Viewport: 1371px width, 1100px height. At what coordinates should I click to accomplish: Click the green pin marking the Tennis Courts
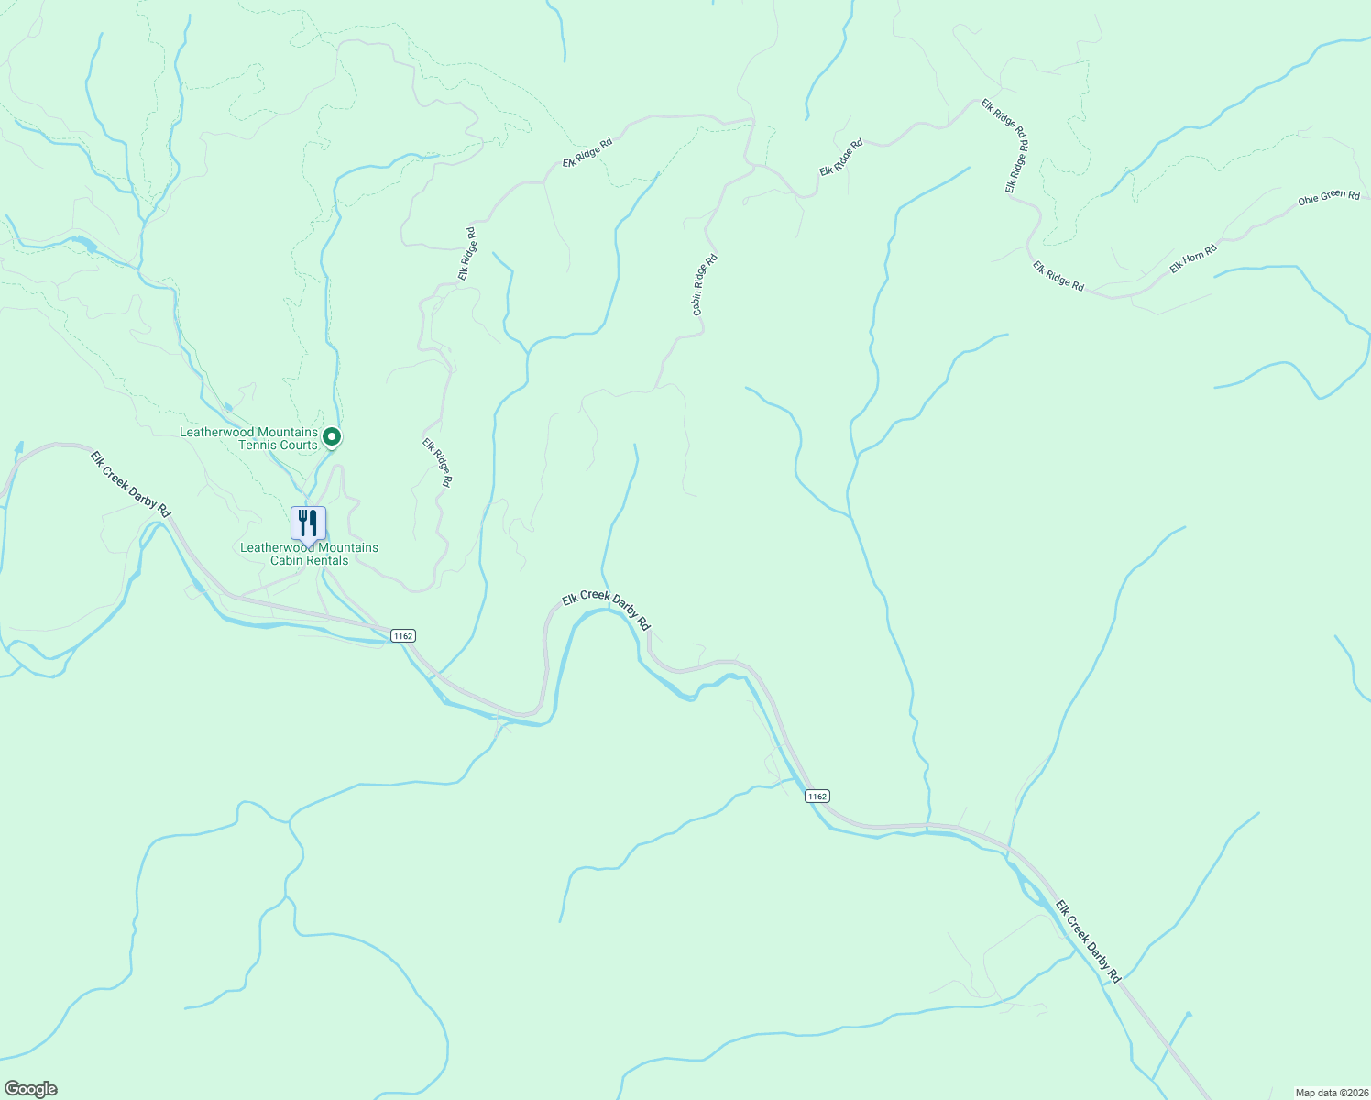333,437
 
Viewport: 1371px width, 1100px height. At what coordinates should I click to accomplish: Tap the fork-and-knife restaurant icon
308,523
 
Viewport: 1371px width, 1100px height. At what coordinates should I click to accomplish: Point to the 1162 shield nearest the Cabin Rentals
402,635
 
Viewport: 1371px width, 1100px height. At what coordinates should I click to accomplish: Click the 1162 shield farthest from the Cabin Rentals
817,796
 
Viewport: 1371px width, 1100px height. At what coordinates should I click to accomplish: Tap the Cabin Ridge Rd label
705,285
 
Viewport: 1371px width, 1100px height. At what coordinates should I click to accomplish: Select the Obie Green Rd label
1329,197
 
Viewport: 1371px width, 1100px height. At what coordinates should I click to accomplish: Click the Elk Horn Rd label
1192,258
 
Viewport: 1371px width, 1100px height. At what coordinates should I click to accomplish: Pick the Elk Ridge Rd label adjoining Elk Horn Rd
1058,277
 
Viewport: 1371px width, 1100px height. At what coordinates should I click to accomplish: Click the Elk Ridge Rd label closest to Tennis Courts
437,462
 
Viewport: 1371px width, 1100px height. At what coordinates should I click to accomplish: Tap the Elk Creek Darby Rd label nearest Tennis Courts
130,483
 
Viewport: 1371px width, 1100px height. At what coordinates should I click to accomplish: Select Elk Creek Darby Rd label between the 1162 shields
606,610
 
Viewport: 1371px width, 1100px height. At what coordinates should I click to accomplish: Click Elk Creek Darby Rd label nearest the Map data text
1088,942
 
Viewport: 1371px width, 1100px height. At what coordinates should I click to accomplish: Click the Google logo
31,1089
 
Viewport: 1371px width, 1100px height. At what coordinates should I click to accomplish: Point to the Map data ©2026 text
1331,1093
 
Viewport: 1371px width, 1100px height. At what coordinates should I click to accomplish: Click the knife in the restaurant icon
313,523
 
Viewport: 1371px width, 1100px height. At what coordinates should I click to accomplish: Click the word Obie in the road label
1309,200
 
